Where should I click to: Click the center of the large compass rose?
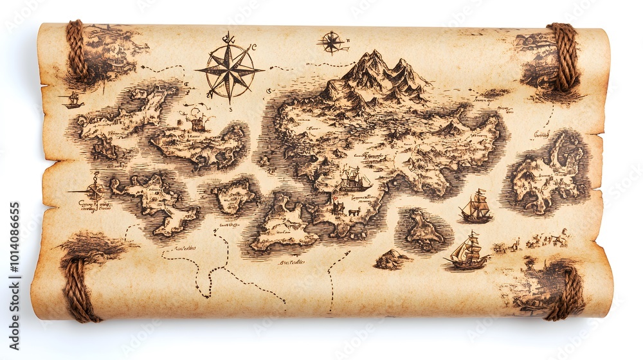coord(230,69)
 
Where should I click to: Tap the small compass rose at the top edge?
coord(332,42)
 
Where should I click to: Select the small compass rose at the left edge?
coord(95,191)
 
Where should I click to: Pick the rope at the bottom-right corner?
coord(566,292)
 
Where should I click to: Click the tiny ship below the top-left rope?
coord(72,100)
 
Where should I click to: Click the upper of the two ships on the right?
coord(476,206)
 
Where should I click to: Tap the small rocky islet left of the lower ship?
coord(392,259)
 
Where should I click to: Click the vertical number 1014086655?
coord(15,256)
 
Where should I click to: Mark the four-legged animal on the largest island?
coord(352,211)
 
